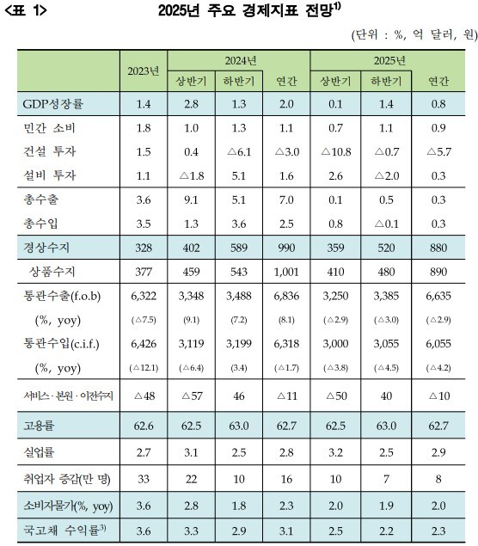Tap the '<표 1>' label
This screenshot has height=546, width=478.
click(x=26, y=10)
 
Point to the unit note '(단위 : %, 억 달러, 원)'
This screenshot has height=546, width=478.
click(x=414, y=34)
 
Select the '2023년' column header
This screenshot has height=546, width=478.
click(x=144, y=71)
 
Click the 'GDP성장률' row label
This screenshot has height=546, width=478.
click(x=53, y=104)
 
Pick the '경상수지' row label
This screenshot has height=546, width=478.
click(x=46, y=248)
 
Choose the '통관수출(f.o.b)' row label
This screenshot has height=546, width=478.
click(x=62, y=296)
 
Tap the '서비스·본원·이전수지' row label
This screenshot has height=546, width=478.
click(x=68, y=396)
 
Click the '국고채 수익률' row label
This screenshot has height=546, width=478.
click(x=64, y=531)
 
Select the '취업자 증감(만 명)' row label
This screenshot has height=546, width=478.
click(x=67, y=479)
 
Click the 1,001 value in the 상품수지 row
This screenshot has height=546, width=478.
click(x=286, y=272)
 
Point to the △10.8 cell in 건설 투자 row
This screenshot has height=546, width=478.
click(x=335, y=152)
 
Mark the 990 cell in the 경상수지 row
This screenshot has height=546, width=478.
click(x=286, y=248)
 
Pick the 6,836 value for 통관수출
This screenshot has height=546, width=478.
click(x=286, y=296)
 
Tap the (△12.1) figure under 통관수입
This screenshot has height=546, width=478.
click(x=144, y=368)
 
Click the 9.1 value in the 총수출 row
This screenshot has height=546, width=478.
click(x=191, y=199)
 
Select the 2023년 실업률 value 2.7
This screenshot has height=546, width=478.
click(x=144, y=452)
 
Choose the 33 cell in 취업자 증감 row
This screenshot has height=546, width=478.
click(x=144, y=479)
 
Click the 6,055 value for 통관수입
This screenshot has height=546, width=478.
click(x=438, y=344)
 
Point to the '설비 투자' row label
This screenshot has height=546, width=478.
click(x=50, y=175)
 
